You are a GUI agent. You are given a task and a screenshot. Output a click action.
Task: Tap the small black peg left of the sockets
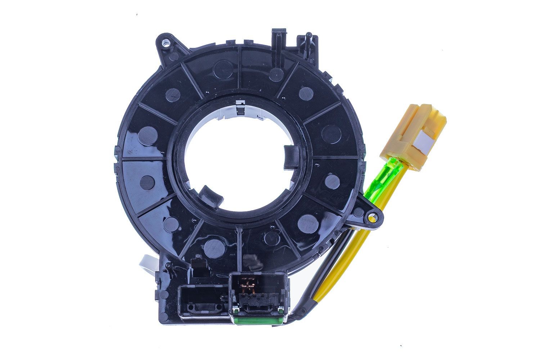click(x=168, y=266)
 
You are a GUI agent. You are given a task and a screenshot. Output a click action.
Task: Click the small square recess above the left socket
click(x=197, y=261)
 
